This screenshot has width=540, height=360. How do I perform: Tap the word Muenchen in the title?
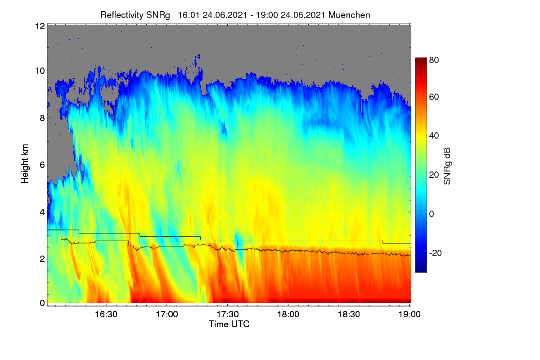(349, 15)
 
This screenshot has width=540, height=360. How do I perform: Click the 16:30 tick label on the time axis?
(106, 314)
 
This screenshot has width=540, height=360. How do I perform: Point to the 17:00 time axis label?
(167, 314)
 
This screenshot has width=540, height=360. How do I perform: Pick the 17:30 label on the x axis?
(228, 314)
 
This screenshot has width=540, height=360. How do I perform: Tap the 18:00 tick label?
(288, 314)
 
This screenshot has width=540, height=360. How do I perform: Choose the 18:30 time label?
(349, 314)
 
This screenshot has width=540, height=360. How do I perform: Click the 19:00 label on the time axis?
(409, 314)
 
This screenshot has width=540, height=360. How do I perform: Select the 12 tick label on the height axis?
(40, 26)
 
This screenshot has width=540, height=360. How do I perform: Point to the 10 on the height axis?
(40, 71)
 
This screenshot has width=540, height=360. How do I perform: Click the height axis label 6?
(42, 165)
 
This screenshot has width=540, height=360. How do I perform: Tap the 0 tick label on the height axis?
(42, 303)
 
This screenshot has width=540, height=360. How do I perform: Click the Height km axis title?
(25, 164)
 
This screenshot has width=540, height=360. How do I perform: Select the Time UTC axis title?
(229, 324)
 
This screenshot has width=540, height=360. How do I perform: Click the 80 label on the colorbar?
(434, 60)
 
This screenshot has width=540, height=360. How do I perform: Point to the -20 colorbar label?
(436, 253)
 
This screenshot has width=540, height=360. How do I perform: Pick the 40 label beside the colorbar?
(434, 135)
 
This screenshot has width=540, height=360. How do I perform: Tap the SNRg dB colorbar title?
(447, 166)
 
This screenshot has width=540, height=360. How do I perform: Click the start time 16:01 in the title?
(189, 15)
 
